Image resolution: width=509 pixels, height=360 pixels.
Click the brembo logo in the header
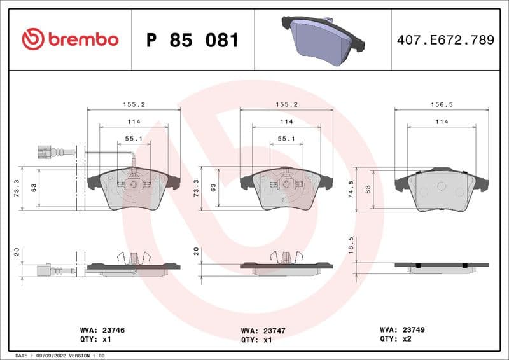pyautogui.click(x=70, y=39)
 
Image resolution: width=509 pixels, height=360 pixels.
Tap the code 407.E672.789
pyautogui.click(x=445, y=40)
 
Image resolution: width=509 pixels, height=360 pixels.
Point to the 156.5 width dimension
pyautogui.click(x=442, y=103)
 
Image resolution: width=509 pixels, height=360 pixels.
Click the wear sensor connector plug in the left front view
pyautogui.click(x=44, y=152)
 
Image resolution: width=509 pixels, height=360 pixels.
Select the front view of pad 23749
pyautogui.click(x=442, y=190)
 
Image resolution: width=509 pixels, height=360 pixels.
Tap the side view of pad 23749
pyautogui.click(x=442, y=266)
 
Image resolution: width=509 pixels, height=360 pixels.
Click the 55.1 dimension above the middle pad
pyautogui.click(x=286, y=138)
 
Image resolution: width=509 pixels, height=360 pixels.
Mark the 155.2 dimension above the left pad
pyautogui.click(x=134, y=103)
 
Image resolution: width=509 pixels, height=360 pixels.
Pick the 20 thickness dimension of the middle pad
pyautogui.click(x=196, y=252)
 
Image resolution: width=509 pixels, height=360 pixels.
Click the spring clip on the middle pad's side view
pyautogui.click(x=286, y=258)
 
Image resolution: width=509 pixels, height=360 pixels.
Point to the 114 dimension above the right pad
pyautogui.click(x=442, y=121)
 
